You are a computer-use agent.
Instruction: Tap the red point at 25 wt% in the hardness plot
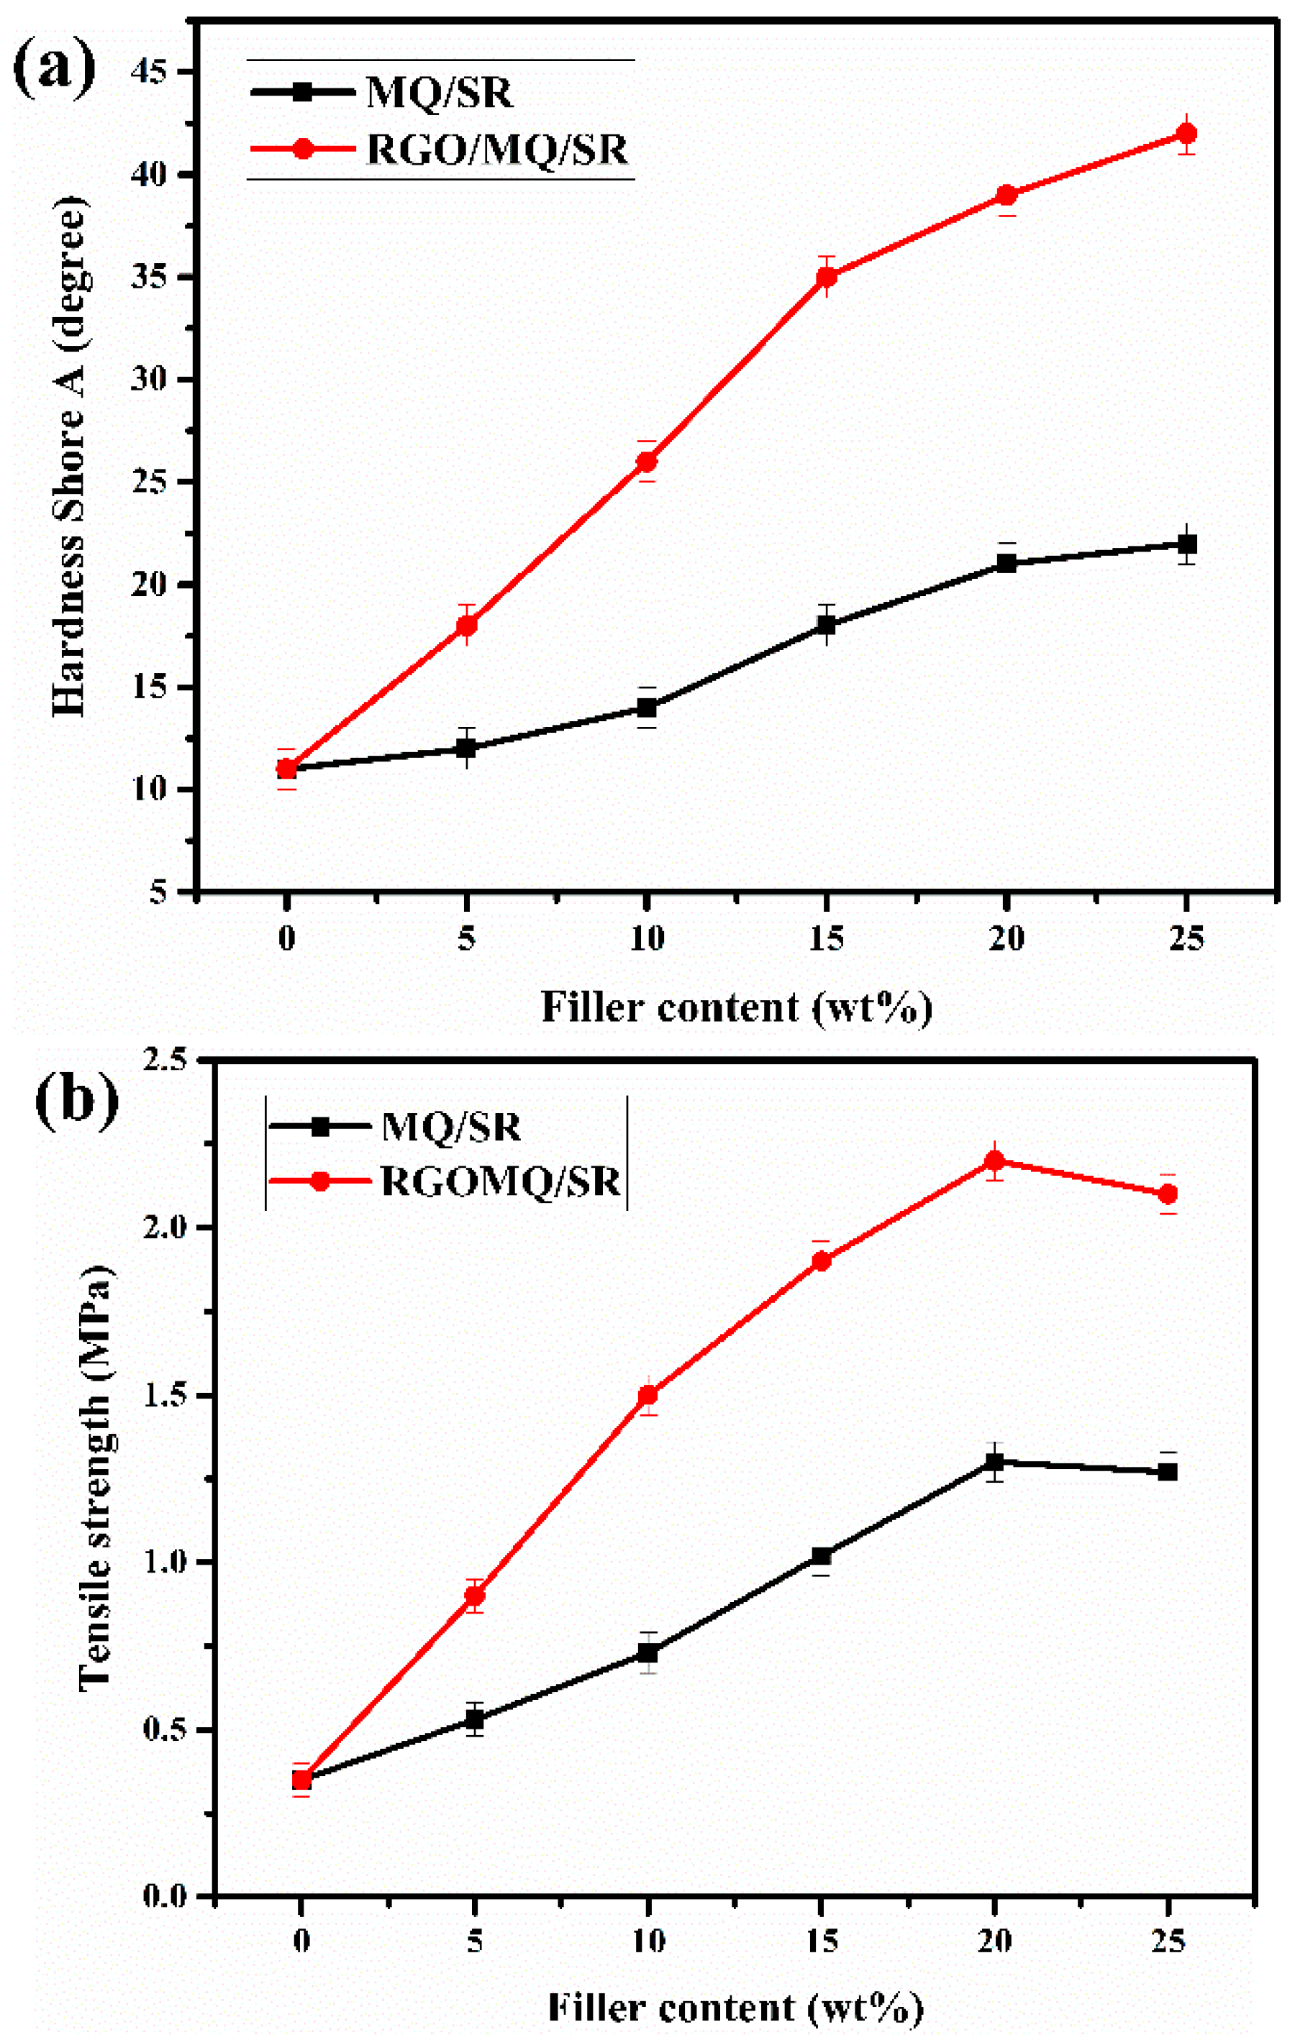pyautogui.click(x=1186, y=134)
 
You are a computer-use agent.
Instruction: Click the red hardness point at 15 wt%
pyautogui.click(x=827, y=277)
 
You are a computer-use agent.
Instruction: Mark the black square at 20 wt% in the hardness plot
pyautogui.click(x=1006, y=563)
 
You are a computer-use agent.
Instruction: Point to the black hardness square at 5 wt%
pyautogui.click(x=466, y=748)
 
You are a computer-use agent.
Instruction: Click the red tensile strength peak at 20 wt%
pyautogui.click(x=994, y=1160)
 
